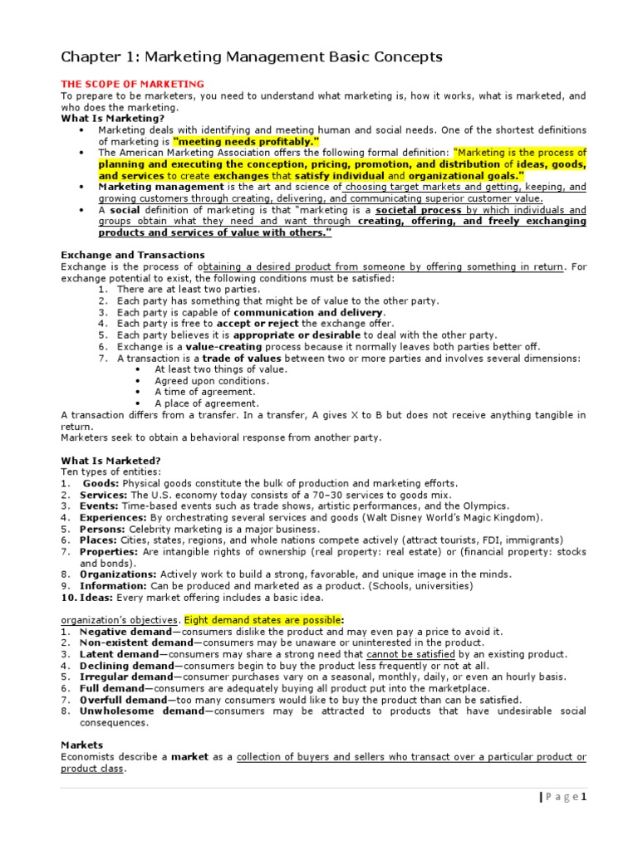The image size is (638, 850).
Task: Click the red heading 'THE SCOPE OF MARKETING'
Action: pyautogui.click(x=133, y=85)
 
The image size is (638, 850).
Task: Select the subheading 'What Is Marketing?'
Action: pyautogui.click(x=112, y=119)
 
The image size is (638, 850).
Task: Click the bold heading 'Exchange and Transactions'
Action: pyautogui.click(x=133, y=255)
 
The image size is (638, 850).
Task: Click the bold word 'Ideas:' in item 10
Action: pyautogui.click(x=97, y=598)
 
